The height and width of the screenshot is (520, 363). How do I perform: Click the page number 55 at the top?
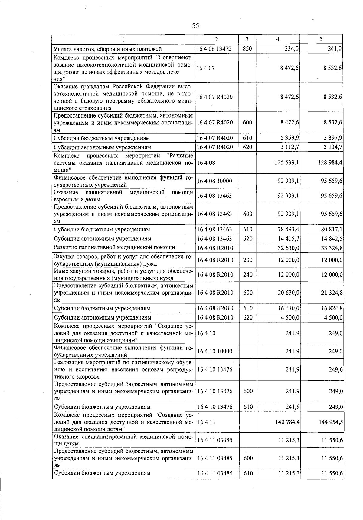195,26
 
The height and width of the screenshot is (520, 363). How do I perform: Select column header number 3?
247,39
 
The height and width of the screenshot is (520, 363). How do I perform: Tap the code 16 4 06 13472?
214,49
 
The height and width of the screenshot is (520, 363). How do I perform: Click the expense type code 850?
247,49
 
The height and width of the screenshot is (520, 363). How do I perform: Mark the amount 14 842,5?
332,239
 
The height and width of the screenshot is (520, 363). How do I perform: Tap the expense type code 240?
247,275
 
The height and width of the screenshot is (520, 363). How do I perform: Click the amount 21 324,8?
332,293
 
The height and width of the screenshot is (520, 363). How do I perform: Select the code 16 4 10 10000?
215,351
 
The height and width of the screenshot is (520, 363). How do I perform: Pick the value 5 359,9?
290,138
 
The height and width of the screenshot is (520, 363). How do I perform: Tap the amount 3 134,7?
333,147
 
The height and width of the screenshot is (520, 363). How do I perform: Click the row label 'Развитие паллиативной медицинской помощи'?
114,247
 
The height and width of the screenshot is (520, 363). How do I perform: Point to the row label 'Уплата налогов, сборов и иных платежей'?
107,49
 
